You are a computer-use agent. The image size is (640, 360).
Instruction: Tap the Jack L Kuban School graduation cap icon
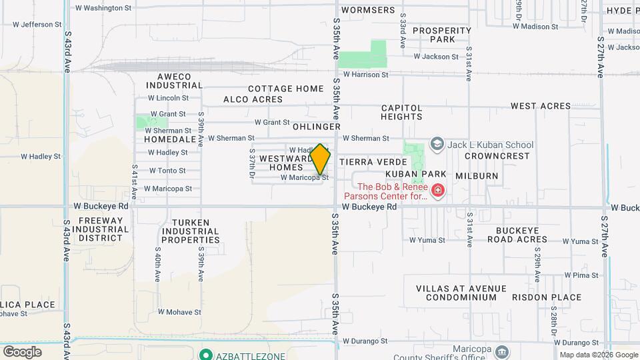tap(437, 144)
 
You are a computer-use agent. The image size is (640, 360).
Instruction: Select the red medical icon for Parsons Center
tap(438, 192)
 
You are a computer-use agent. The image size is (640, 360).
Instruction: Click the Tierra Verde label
tap(373, 162)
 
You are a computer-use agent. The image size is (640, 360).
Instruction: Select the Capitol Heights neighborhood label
tap(401, 112)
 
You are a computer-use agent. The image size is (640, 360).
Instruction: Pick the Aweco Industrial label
tap(174, 81)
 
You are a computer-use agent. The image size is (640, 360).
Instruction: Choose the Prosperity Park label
tap(442, 35)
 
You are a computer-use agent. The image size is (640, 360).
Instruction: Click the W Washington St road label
tap(103, 8)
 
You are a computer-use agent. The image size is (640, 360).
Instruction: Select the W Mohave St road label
tap(179, 311)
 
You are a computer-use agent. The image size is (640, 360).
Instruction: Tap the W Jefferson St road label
tap(37, 25)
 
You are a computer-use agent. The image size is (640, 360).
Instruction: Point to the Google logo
tap(22, 351)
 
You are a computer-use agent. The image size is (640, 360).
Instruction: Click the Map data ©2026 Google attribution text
tap(598, 355)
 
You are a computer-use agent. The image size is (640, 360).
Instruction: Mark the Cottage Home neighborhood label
tap(285, 89)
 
